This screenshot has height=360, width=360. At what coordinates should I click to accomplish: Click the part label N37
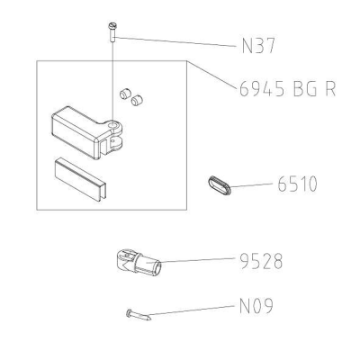[x=258, y=46]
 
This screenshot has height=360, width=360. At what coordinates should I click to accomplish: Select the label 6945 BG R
[x=287, y=89]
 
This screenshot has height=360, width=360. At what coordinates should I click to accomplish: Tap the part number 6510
[x=297, y=184]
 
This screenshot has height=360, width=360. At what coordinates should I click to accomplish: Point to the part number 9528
[x=261, y=261]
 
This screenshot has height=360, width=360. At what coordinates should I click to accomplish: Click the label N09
[x=256, y=306]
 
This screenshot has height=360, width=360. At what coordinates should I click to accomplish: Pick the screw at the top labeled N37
[x=112, y=32]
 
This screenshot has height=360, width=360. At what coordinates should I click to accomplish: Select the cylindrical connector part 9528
[x=139, y=262]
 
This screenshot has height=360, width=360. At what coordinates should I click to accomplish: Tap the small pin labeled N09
[x=139, y=315]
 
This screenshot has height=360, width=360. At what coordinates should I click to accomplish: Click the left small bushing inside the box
[x=124, y=94]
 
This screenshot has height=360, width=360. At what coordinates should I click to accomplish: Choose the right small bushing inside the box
[x=137, y=100]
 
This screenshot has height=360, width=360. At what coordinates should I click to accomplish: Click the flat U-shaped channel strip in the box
[x=79, y=179]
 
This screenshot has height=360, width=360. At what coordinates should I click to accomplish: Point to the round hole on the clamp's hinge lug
[x=112, y=124]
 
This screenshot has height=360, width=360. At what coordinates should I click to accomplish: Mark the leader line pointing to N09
[x=192, y=310]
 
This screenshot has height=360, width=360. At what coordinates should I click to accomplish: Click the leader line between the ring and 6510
[x=251, y=184]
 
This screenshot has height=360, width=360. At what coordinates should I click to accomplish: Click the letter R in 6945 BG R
[x=329, y=89]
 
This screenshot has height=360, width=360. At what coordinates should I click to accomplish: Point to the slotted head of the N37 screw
[x=112, y=25]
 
